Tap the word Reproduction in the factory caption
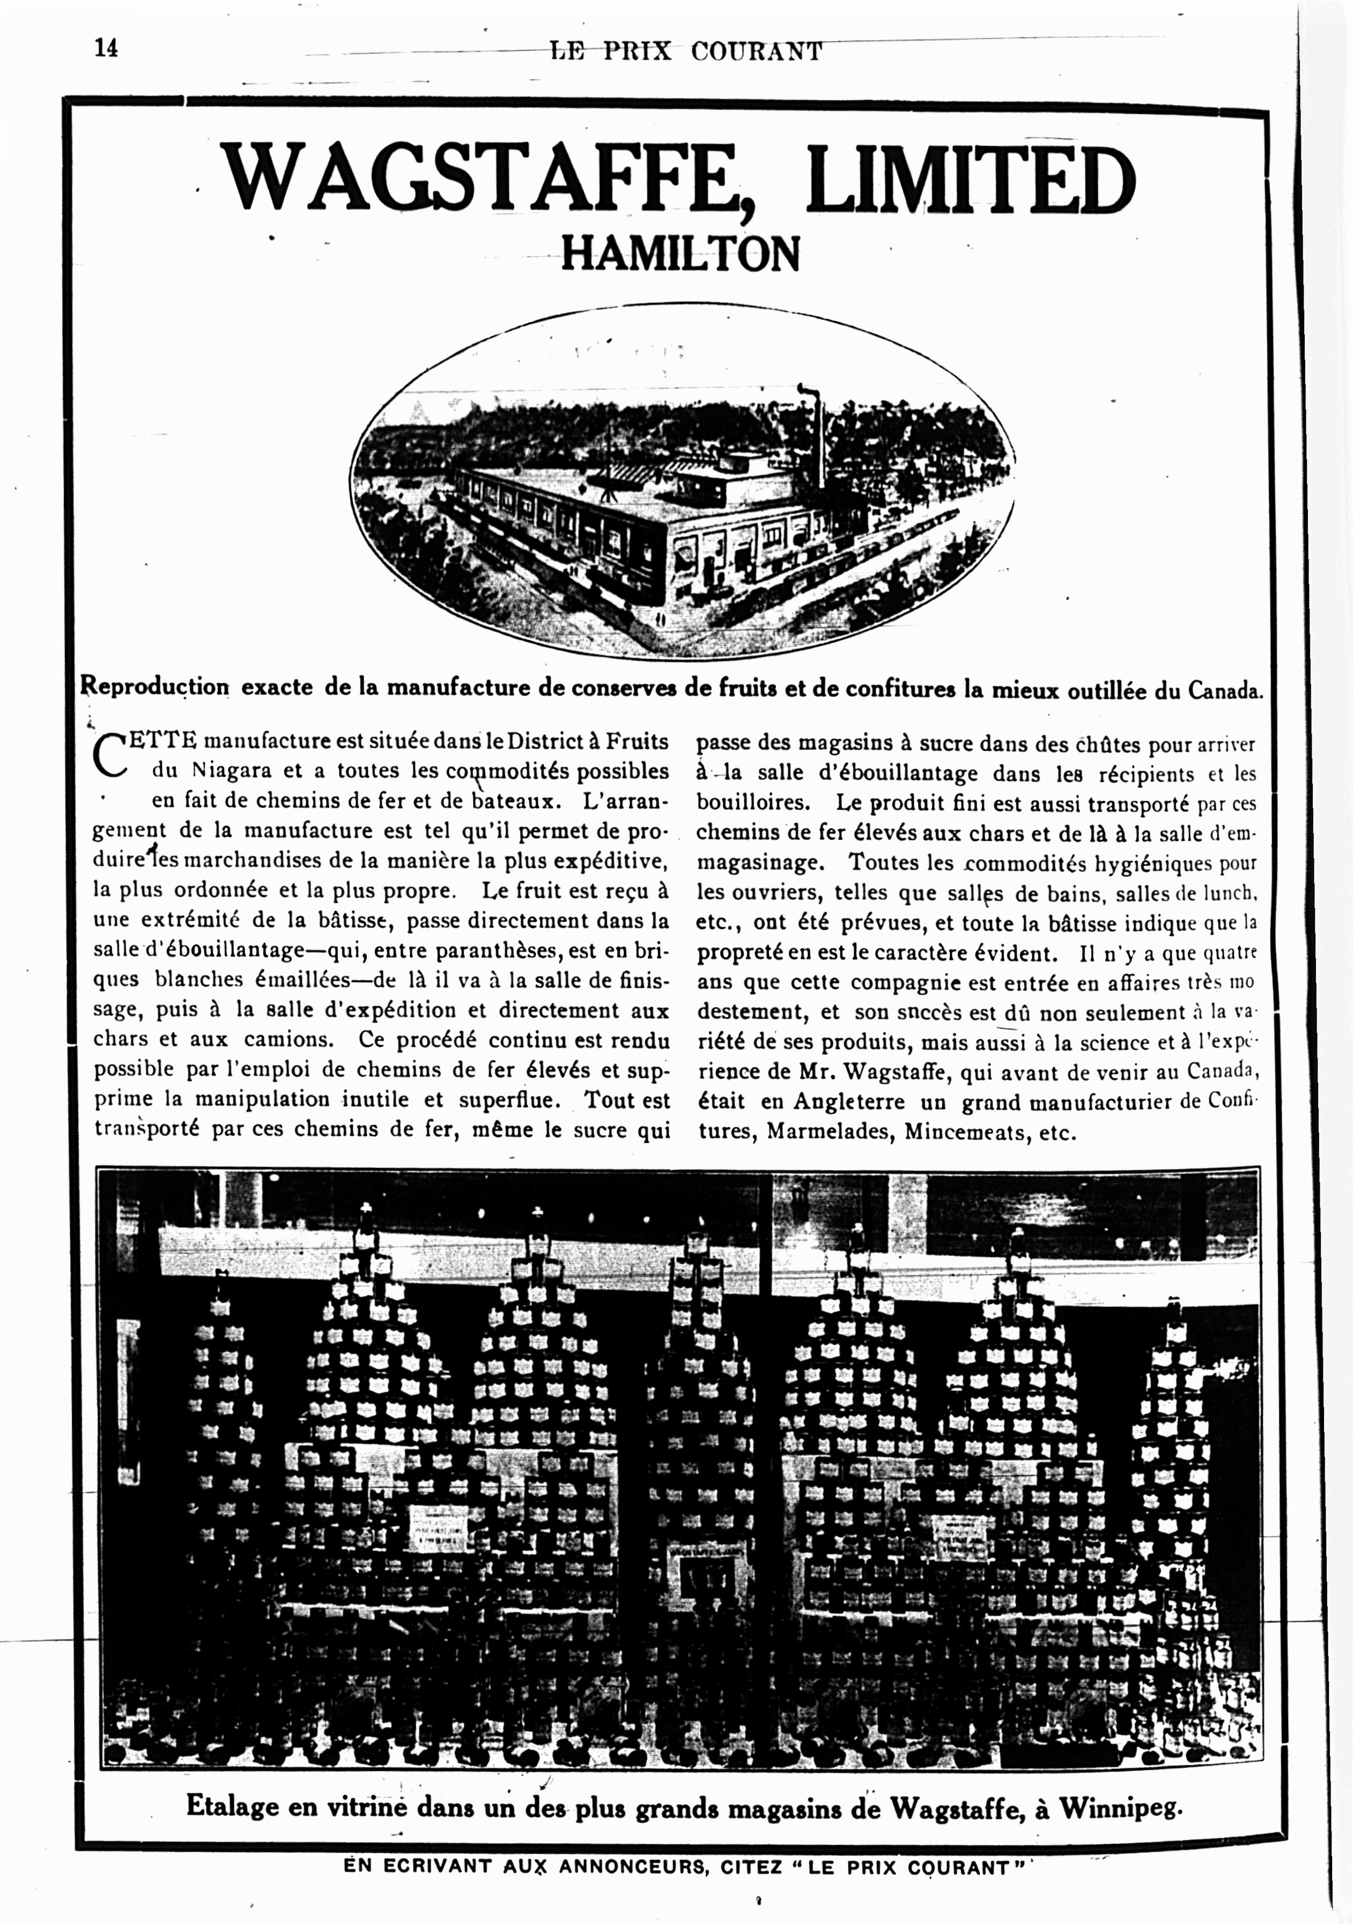point(155,687)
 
